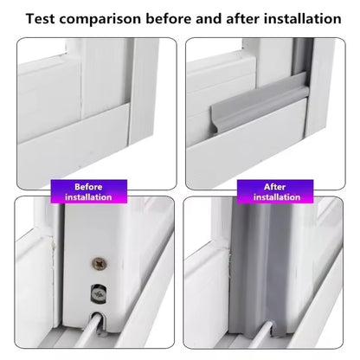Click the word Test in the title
(40, 18)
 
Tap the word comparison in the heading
(100, 19)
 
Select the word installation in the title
(303, 18)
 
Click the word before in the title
(169, 18)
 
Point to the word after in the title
(243, 18)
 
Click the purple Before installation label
(89, 191)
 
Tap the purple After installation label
(275, 191)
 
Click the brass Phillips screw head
(100, 263)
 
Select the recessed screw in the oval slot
(99, 293)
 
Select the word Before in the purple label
(88, 187)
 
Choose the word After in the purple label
(274, 187)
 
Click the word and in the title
(209, 18)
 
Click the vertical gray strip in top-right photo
(303, 58)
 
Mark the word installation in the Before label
(88, 197)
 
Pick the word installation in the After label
(277, 197)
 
